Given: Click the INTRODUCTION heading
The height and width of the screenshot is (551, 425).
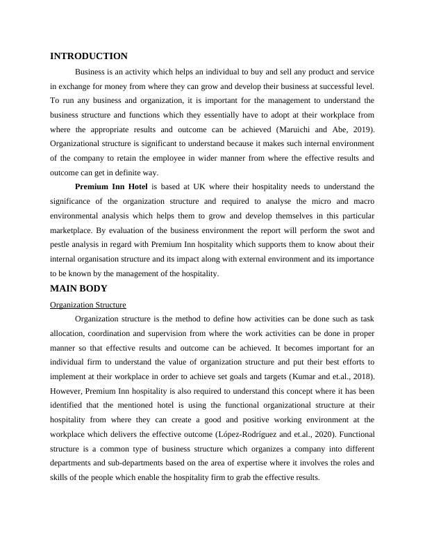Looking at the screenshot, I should (x=89, y=56).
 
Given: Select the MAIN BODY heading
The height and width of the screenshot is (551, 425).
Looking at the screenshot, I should (x=78, y=288).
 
